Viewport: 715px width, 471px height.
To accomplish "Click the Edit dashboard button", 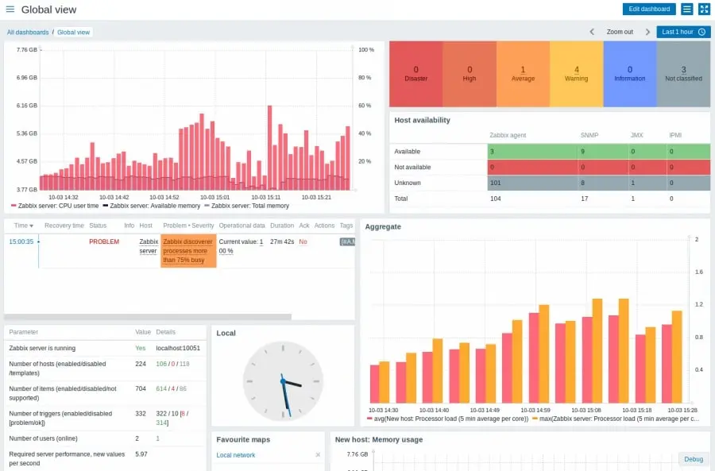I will [x=648, y=9].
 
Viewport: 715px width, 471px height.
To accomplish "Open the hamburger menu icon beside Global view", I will [x=10, y=10].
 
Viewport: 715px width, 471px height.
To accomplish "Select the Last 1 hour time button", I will [x=683, y=32].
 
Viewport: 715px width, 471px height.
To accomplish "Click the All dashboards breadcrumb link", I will [x=28, y=33].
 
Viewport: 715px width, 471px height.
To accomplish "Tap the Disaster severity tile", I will [x=415, y=74].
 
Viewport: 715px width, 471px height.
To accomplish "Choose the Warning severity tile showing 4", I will [x=576, y=74].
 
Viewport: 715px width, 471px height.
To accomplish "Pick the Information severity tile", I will [x=629, y=74].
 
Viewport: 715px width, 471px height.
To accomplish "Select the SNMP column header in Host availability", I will [x=589, y=135].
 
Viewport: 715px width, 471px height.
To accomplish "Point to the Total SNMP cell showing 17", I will [x=585, y=199].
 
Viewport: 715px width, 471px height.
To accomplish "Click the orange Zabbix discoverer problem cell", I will [x=188, y=250].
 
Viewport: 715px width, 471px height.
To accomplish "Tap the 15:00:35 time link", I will [x=21, y=241].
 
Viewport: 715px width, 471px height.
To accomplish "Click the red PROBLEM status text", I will [x=104, y=241].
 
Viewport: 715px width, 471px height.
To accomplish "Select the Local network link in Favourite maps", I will [x=236, y=455].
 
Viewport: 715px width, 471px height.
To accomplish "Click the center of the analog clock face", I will [x=283, y=381].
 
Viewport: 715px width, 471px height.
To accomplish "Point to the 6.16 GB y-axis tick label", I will [x=26, y=106].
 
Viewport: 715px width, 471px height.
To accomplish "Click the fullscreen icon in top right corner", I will [x=703, y=9].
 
